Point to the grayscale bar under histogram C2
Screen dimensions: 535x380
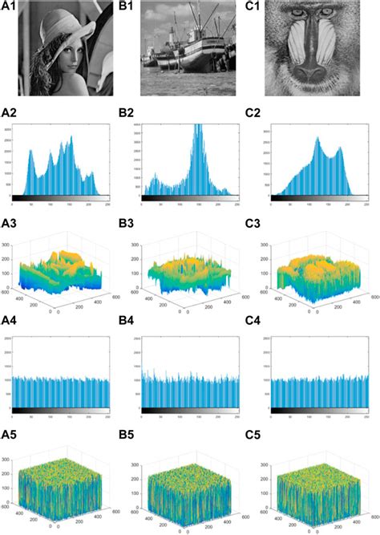click(x=313, y=198)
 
